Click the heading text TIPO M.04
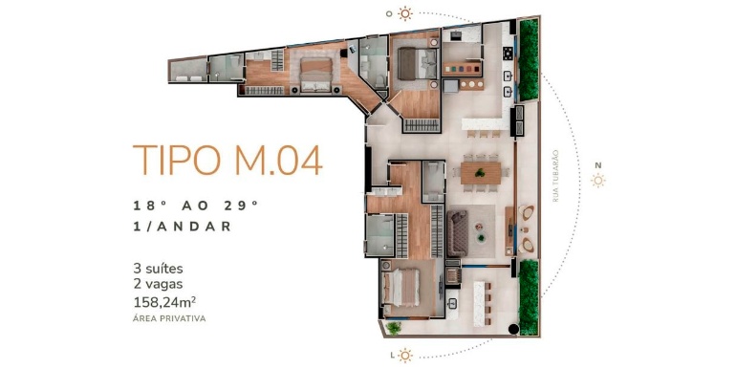(x=227, y=160)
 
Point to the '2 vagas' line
(x=160, y=284)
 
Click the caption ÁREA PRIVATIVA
(x=169, y=317)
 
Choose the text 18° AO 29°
(x=196, y=206)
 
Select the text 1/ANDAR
(x=183, y=227)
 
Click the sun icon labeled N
(x=598, y=181)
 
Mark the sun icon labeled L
(x=405, y=356)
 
